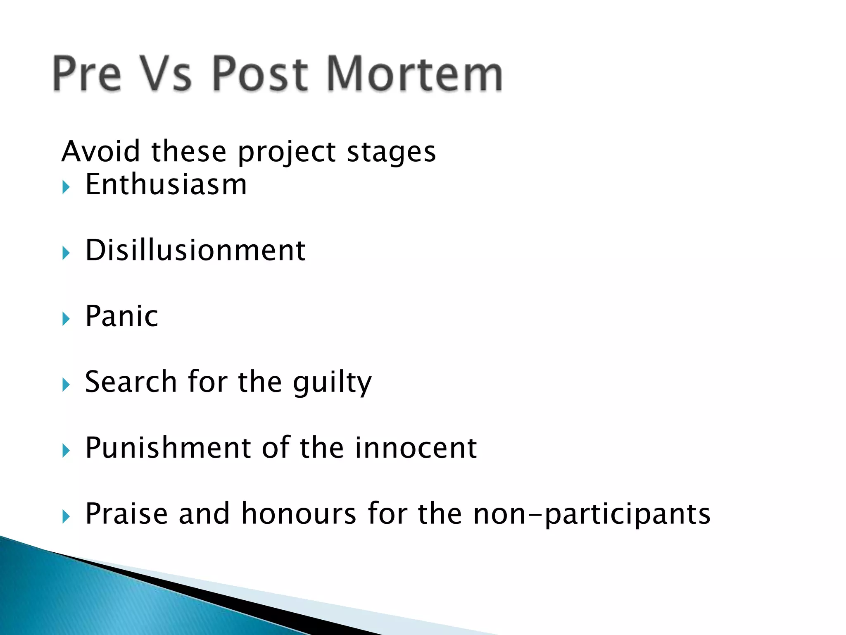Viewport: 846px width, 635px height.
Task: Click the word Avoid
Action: [101, 151]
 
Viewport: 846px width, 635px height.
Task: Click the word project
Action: [287, 152]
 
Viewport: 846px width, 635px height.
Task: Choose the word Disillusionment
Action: [195, 251]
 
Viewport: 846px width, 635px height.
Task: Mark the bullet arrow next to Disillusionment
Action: [66, 253]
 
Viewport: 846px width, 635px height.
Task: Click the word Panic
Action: [122, 316]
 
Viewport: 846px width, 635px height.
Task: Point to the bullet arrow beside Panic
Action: [66, 319]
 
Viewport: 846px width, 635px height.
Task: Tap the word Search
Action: [131, 382]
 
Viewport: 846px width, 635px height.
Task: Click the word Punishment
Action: [168, 448]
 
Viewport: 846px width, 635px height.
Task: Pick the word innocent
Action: [416, 448]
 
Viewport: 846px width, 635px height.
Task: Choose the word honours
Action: [299, 514]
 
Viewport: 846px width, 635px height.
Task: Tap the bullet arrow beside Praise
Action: [66, 516]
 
